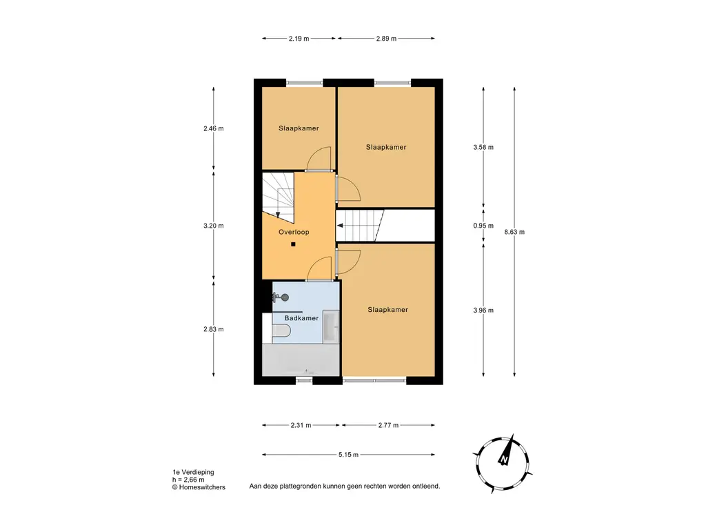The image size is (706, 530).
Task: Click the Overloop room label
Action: click(294, 232)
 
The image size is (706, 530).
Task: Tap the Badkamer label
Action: click(301, 317)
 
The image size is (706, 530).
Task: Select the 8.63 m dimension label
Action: click(514, 232)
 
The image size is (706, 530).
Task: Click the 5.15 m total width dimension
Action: click(348, 455)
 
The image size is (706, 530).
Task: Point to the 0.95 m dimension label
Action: click(483, 226)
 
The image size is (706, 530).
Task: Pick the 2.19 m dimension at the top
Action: click(299, 39)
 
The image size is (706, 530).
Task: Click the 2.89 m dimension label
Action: click(386, 39)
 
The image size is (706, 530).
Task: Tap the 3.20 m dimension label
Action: click(214, 226)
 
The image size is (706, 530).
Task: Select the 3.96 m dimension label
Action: click(483, 310)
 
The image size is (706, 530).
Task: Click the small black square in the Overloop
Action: click(293, 244)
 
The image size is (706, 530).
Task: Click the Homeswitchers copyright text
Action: click(199, 487)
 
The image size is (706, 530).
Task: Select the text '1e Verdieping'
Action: click(193, 472)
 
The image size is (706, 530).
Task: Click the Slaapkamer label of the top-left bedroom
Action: click(299, 128)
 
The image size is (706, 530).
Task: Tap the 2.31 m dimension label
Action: click(301, 425)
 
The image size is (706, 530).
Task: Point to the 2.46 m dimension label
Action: click(214, 128)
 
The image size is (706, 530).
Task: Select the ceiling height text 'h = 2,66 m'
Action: click(188, 480)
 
